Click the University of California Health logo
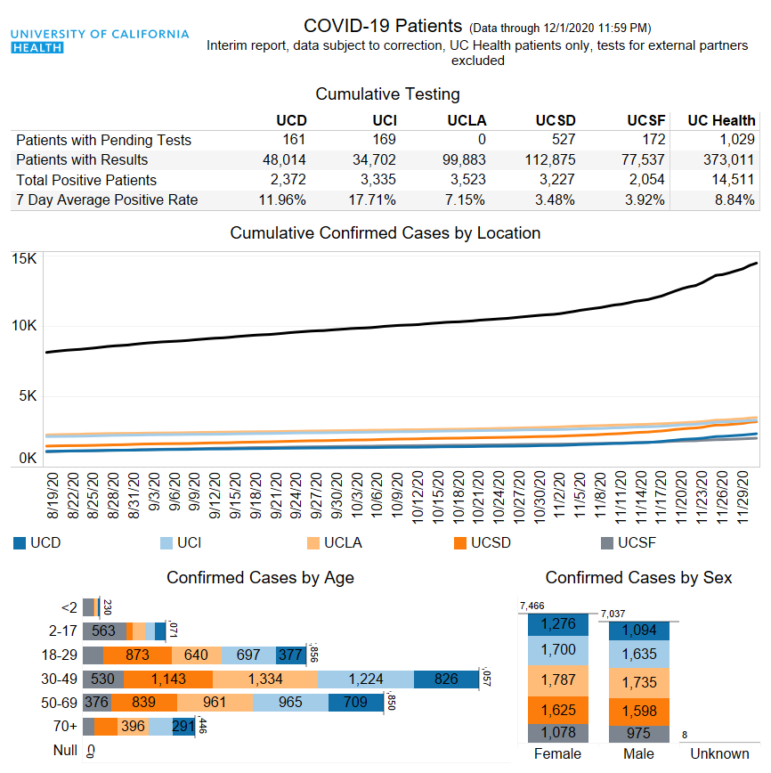click(x=100, y=40)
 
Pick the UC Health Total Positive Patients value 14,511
click(x=731, y=180)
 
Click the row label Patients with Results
click(x=82, y=160)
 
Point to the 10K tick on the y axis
click(x=24, y=326)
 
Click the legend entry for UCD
click(x=45, y=542)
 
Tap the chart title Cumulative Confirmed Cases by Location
click(x=385, y=233)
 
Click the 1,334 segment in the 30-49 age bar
click(x=265, y=679)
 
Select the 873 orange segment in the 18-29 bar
click(x=136, y=655)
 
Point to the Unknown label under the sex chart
click(x=719, y=754)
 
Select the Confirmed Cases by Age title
click(x=260, y=578)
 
